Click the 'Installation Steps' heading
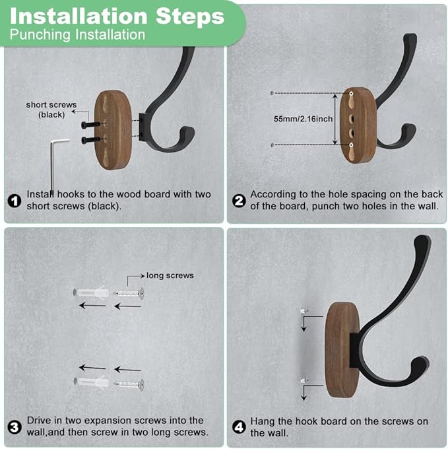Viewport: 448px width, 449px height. pyautogui.click(x=116, y=15)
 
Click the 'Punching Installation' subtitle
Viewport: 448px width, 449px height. pyautogui.click(x=78, y=34)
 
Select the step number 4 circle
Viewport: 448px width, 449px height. pyautogui.click(x=239, y=427)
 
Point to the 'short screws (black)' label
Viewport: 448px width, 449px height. pyautogui.click(x=51, y=110)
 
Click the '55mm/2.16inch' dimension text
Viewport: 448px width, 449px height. pyautogui.click(x=304, y=120)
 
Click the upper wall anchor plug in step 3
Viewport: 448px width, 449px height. pyautogui.click(x=91, y=292)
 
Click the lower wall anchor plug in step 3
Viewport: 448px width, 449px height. pyautogui.click(x=91, y=382)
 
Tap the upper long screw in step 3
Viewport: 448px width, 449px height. pyautogui.click(x=130, y=292)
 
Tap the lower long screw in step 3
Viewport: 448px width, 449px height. pyautogui.click(x=130, y=383)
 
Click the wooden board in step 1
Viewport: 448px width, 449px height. pyautogui.click(x=113, y=129)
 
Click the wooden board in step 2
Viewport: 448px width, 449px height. pyautogui.click(x=359, y=125)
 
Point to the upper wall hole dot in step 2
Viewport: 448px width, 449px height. pyautogui.click(x=272, y=94)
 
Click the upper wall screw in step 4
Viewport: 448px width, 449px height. pyautogui.click(x=303, y=311)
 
